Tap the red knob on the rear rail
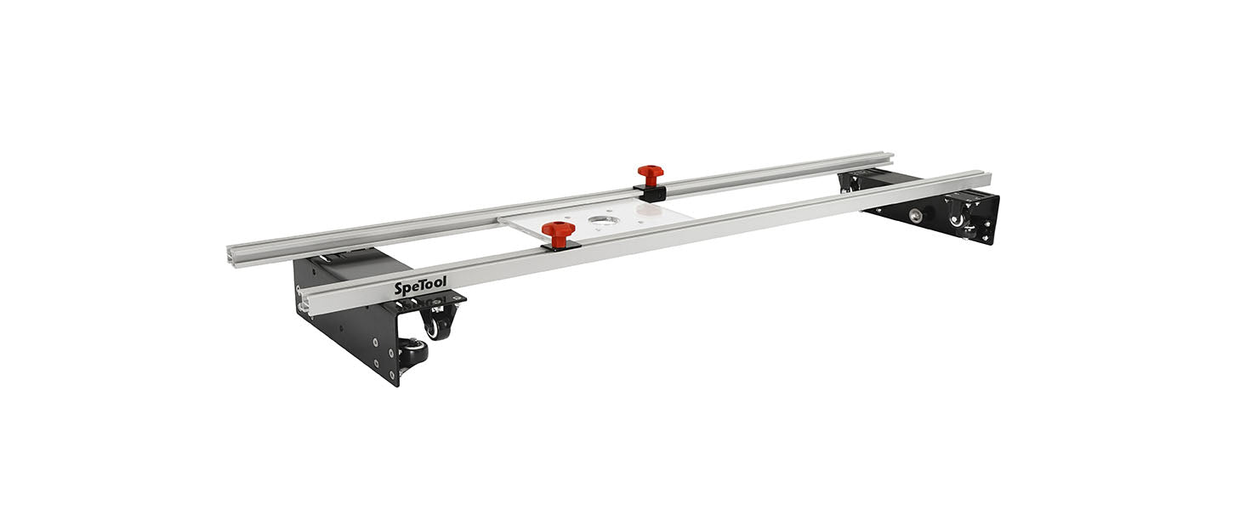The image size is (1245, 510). tap(651, 175)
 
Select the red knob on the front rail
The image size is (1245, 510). tap(558, 232)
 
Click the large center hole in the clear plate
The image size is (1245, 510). tap(603, 223)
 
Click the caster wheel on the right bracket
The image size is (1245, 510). tap(962, 221)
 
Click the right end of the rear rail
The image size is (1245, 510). tap(890, 157)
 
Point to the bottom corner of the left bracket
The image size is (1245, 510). tap(395, 383)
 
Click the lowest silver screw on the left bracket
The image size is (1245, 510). tap(393, 371)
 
